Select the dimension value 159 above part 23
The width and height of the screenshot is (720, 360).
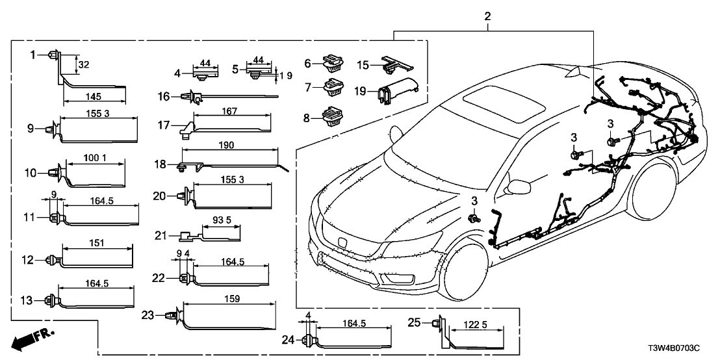[x=231, y=299]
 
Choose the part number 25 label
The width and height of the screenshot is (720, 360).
[x=414, y=322]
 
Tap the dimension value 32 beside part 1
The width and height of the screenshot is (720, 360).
[x=84, y=64]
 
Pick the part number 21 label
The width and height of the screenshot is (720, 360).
[x=161, y=235]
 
